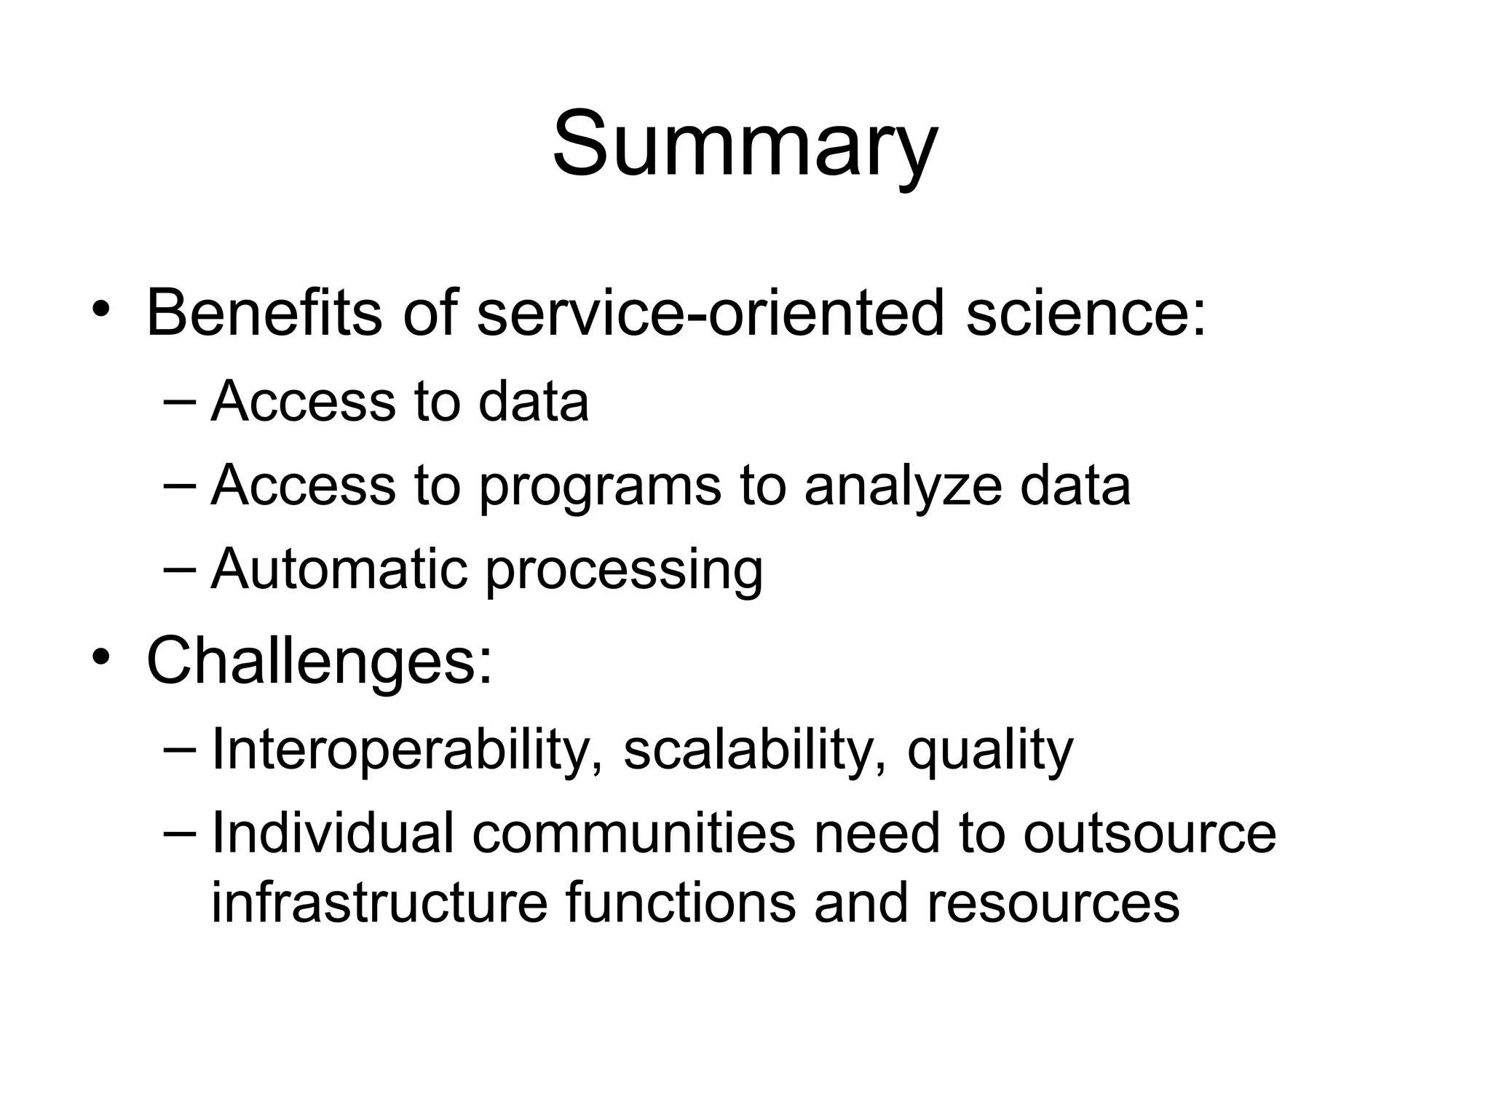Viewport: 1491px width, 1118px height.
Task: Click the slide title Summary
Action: tap(745, 144)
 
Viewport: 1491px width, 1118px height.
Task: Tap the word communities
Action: tap(633, 833)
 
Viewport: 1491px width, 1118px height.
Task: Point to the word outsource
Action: tap(1150, 834)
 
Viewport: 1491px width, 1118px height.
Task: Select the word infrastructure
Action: tap(379, 903)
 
